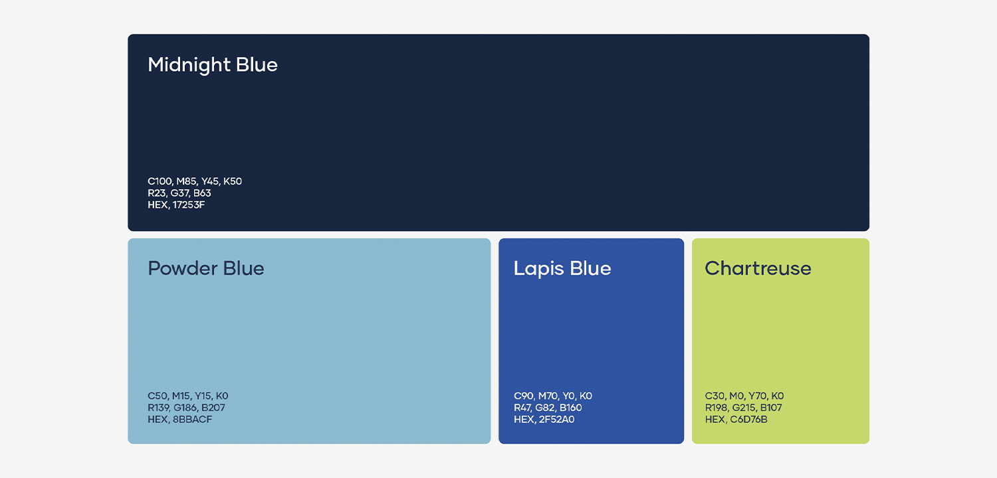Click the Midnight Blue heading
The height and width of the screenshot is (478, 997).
(213, 65)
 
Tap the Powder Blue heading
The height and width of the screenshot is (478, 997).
(206, 269)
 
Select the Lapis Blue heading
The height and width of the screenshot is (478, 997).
(562, 269)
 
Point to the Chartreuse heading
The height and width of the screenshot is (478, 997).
(758, 269)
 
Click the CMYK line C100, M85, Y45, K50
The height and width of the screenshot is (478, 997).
(195, 181)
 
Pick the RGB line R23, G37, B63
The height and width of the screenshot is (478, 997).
(179, 193)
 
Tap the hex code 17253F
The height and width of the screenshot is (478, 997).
(189, 205)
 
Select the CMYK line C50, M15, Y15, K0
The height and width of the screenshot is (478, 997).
(188, 396)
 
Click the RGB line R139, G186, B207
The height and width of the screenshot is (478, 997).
(187, 408)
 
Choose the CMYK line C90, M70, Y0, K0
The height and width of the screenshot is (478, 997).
(553, 396)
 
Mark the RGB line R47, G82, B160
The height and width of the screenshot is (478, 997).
(548, 408)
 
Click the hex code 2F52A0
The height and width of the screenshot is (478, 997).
(556, 420)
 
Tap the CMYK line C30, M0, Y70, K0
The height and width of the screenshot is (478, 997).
(744, 396)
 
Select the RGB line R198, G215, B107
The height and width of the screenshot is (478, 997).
(743, 408)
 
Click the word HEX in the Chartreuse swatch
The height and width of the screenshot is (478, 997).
(715, 420)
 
